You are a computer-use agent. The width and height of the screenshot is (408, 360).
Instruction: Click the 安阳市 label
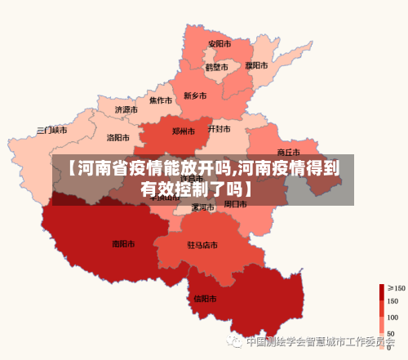click(219, 43)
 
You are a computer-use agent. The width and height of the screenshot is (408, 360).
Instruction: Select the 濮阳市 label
click(255, 64)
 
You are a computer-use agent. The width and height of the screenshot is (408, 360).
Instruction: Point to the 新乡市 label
click(196, 96)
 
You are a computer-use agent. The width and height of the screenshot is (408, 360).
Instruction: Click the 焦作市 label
click(160, 101)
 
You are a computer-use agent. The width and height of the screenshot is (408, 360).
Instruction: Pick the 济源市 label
click(126, 109)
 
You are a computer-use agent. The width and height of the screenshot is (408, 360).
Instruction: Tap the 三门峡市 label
click(52, 131)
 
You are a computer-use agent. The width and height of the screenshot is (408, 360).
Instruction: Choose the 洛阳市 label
click(119, 138)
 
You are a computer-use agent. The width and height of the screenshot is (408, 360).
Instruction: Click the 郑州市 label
click(184, 131)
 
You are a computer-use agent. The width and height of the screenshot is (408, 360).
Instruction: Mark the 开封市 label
click(219, 129)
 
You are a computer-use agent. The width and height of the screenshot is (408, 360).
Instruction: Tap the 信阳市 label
click(205, 298)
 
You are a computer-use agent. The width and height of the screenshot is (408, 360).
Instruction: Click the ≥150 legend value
click(396, 287)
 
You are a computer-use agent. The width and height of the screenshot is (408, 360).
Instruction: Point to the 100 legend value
click(392, 317)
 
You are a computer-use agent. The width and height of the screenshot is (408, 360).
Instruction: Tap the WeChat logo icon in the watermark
click(236, 341)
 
